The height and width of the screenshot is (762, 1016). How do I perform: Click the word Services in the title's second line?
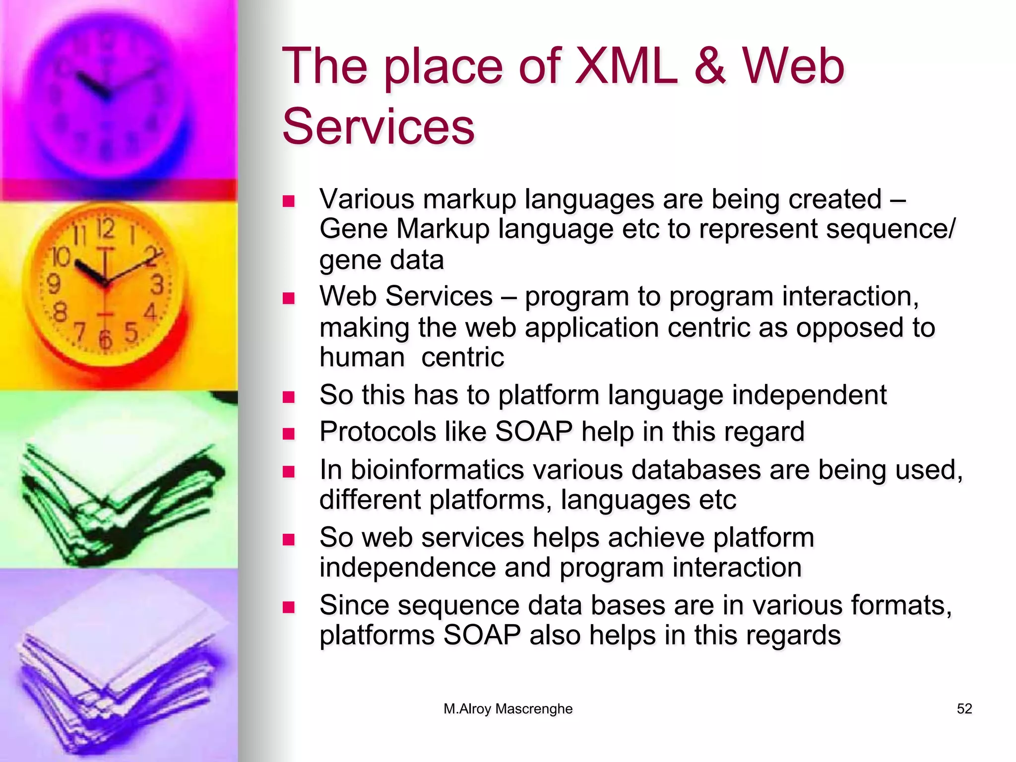pos(379,127)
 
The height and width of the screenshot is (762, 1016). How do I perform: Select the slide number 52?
pos(964,708)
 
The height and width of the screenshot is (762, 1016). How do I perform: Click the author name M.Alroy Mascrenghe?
pos(508,708)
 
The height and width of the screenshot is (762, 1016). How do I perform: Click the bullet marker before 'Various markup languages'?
pos(288,201)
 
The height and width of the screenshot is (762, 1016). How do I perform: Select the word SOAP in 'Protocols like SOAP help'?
pos(534,431)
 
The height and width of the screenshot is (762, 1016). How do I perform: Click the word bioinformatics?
pos(437,469)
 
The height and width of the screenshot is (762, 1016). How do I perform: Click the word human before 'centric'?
pos(362,357)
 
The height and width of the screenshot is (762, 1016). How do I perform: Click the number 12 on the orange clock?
pos(105,229)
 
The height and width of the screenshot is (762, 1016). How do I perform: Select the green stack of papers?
pos(119,501)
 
